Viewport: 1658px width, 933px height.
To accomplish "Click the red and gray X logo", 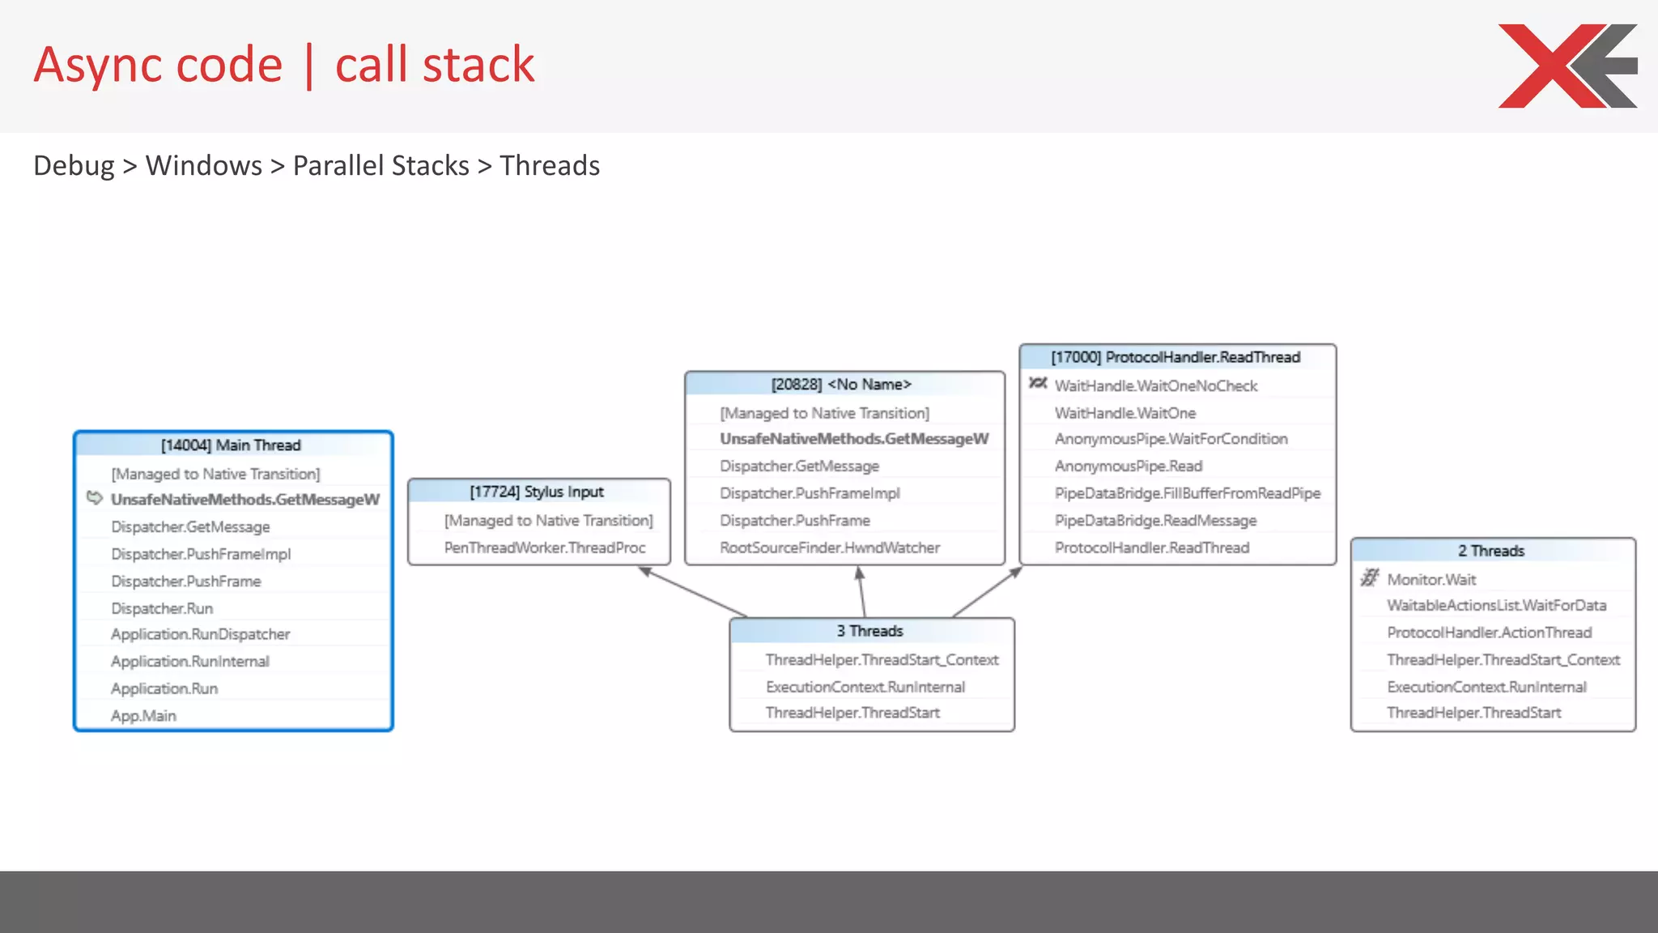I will click(1567, 66).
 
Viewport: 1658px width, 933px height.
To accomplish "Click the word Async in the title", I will click(158, 65).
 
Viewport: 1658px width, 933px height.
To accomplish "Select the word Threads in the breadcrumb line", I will click(550, 165).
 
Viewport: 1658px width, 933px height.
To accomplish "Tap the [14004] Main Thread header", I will click(232, 445).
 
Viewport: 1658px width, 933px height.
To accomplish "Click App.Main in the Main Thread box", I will click(143, 715).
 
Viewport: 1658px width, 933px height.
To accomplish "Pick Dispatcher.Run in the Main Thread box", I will click(162, 607).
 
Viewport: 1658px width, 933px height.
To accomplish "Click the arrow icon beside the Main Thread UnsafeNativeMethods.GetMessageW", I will click(95, 498).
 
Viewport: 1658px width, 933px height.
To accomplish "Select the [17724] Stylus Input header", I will click(538, 492).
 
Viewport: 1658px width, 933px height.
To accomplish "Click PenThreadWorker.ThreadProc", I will click(545, 547).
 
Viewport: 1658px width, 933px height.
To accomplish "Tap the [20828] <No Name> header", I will click(842, 384).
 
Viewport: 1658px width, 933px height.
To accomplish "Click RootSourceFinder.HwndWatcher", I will click(830, 547).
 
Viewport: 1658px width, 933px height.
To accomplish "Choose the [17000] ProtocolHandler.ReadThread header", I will click(1175, 357).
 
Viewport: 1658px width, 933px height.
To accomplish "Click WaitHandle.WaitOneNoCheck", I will click(1155, 386).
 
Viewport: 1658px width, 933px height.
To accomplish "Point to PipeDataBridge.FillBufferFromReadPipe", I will click(1187, 492).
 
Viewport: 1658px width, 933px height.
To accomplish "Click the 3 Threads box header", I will click(870, 630).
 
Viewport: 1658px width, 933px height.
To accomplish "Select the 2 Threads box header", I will click(1491, 551).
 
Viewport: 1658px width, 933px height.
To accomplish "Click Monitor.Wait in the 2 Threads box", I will click(1431, 579).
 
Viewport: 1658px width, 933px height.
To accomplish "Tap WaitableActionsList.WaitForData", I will click(1496, 605).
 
